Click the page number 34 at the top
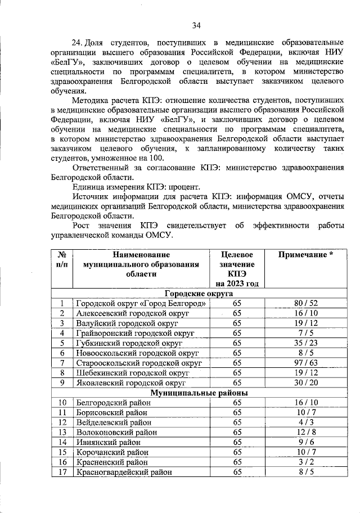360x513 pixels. [196, 25]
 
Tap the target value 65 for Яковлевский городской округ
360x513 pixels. [237, 382]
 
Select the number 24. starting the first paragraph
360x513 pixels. [78, 43]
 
